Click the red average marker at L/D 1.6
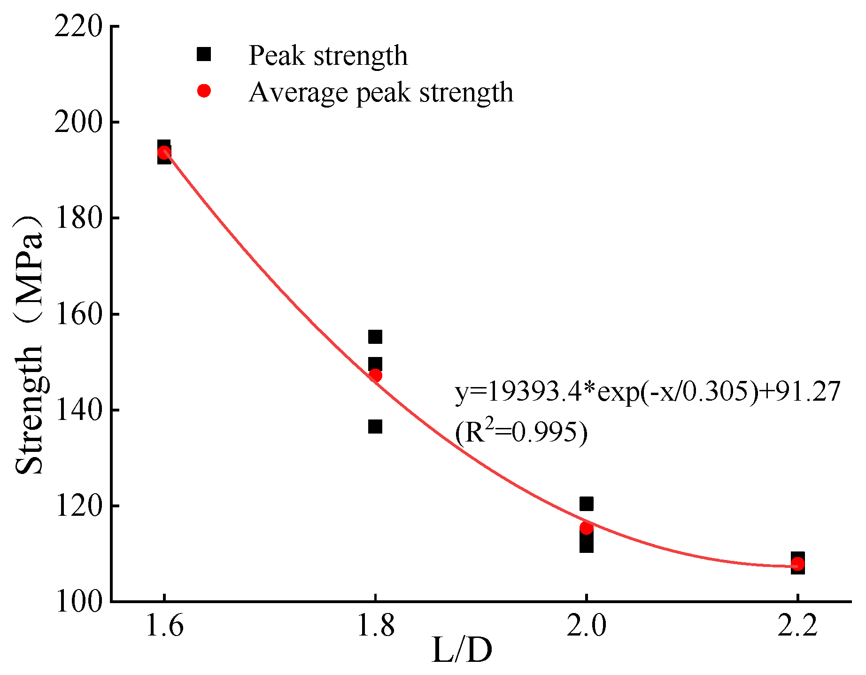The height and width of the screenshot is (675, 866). click(164, 153)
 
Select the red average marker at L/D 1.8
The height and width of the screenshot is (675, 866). click(375, 375)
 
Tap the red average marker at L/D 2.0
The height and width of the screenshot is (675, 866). click(586, 528)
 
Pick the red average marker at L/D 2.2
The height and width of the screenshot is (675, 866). click(797, 564)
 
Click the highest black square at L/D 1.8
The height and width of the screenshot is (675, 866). click(375, 337)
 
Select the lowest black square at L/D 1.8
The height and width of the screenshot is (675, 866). click(375, 427)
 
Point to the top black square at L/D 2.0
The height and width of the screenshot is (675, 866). click(586, 504)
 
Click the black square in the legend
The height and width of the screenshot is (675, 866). click(204, 54)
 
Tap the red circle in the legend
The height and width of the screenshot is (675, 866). click(204, 91)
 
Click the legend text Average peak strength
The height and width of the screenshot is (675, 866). click(380, 92)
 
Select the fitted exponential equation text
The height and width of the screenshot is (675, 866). click(647, 391)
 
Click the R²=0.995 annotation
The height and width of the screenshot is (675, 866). click(521, 432)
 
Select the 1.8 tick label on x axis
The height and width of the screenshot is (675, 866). click(375, 626)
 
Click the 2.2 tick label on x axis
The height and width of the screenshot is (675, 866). click(797, 626)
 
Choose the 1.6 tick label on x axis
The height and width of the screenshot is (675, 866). click(164, 626)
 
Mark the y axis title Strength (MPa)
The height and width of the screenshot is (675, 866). click(29, 345)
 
